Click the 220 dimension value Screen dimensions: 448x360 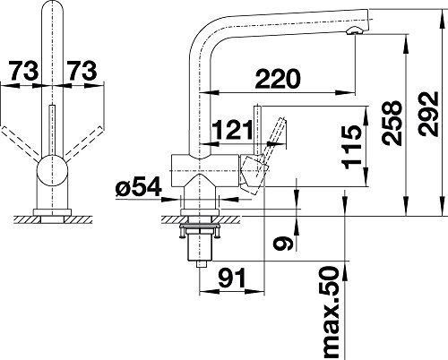[278, 79]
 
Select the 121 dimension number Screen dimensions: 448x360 [233, 130]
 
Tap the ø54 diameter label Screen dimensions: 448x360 [139, 187]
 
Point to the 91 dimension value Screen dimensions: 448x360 [232, 278]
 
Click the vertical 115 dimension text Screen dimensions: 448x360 [353, 147]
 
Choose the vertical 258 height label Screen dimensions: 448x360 [392, 124]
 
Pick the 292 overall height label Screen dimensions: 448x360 [428, 114]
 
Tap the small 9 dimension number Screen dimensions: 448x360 [283, 244]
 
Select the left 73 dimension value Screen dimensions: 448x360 [24, 71]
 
